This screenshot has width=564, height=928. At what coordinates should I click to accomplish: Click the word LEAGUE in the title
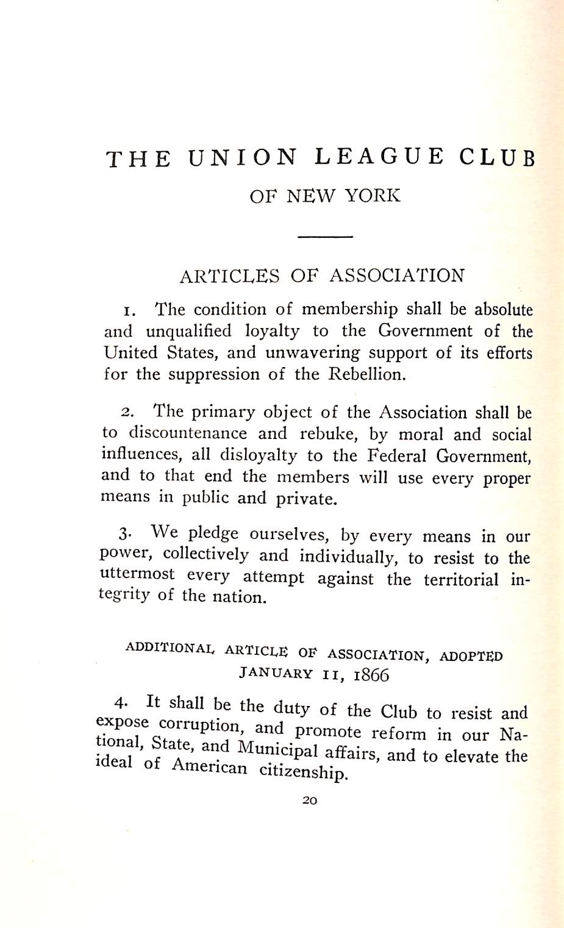(x=380, y=157)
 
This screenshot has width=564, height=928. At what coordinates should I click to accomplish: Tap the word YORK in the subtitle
(x=373, y=196)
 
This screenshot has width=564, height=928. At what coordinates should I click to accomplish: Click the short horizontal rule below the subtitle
(x=325, y=237)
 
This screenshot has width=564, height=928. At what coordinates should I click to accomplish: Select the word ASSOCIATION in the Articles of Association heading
(x=397, y=276)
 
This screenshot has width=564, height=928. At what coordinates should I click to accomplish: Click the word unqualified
(x=189, y=331)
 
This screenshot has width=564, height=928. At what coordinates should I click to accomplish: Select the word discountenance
(x=188, y=434)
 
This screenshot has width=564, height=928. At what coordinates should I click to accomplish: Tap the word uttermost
(x=137, y=575)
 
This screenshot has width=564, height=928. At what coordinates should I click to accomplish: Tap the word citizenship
(x=303, y=771)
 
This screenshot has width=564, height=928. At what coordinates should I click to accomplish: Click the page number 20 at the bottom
(x=310, y=801)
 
